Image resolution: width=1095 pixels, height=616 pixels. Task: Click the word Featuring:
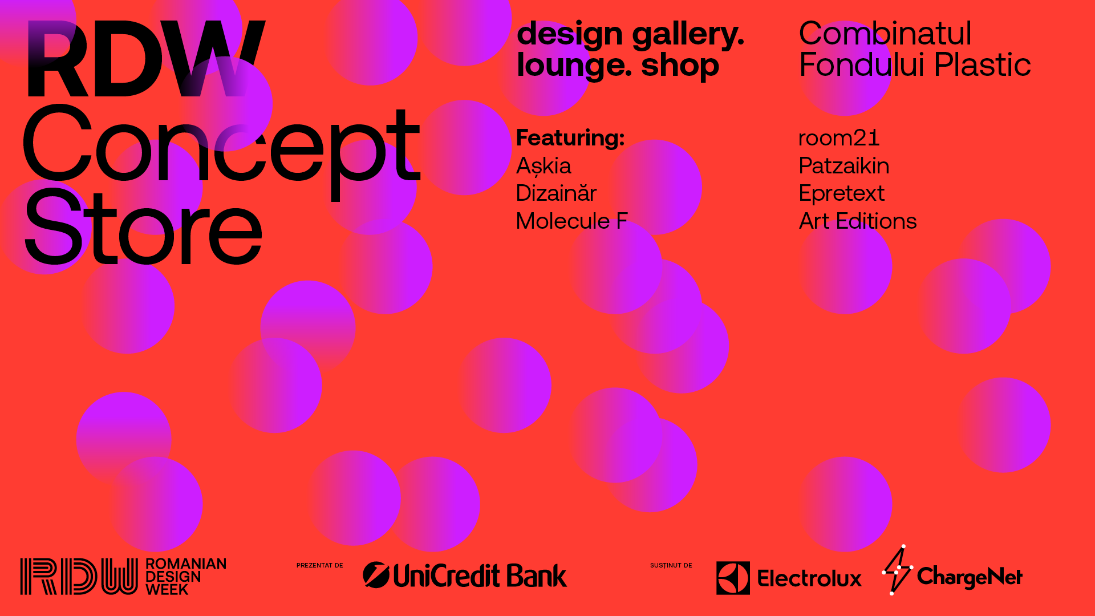[570, 138]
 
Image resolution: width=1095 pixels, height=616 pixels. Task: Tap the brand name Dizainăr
[556, 193]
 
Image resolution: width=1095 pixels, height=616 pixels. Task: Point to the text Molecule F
[571, 221]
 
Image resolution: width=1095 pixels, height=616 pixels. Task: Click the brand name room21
[839, 138]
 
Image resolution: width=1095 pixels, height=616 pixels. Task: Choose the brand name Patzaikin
[844, 165]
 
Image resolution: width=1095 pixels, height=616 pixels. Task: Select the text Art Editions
[858, 221]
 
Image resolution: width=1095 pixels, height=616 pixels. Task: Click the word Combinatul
[885, 33]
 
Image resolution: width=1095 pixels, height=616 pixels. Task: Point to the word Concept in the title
[221, 149]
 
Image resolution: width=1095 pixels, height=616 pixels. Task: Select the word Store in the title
[143, 227]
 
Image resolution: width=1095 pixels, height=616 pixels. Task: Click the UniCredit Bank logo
[465, 575]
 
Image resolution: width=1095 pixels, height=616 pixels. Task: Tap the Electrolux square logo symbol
[733, 578]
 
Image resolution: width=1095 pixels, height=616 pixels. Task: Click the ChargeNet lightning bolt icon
[897, 570]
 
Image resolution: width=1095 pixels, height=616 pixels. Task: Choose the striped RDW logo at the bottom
[79, 577]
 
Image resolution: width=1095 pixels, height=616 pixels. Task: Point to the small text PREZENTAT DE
[320, 565]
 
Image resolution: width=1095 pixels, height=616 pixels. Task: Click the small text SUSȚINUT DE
[671, 565]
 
